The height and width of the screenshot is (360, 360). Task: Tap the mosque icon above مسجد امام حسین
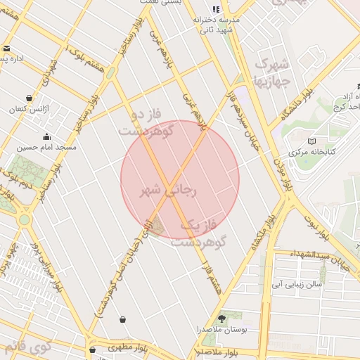[47, 137]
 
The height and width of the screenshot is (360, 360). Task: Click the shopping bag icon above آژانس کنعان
[29, 98]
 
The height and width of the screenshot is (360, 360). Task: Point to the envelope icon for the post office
[6, 49]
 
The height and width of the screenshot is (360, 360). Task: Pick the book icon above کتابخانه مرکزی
[311, 141]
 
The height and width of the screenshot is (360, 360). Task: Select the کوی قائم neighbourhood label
[27, 346]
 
